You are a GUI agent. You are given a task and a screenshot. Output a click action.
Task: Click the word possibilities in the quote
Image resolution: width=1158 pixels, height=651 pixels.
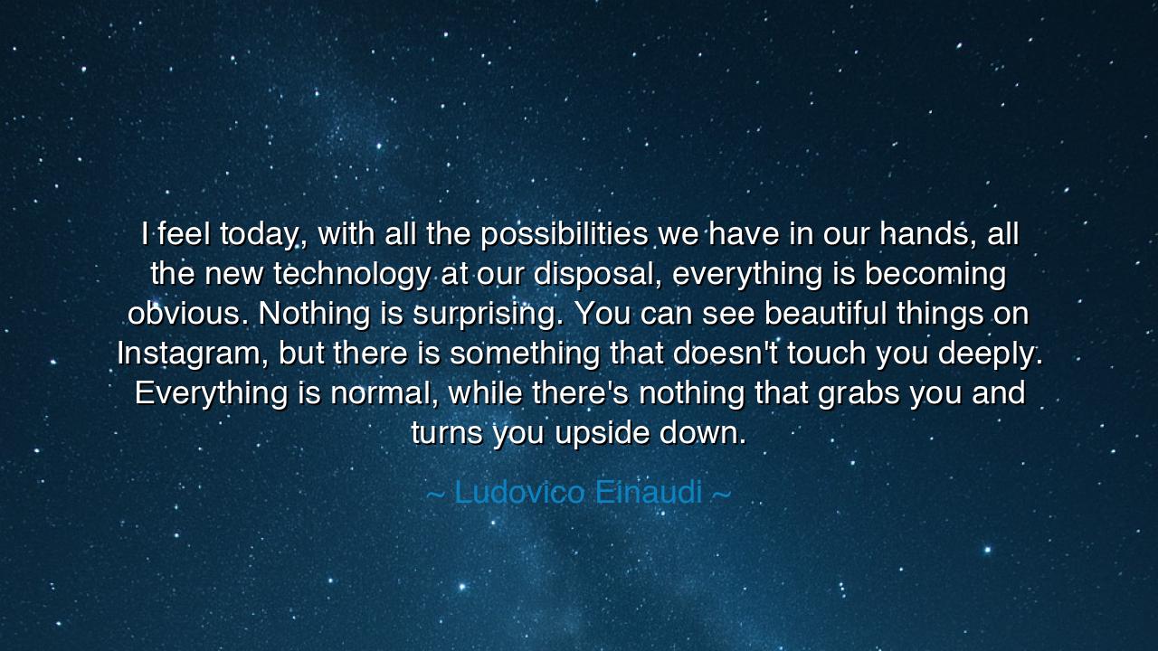coord(564,235)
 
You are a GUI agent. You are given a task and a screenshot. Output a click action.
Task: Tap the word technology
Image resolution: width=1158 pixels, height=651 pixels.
coord(352,274)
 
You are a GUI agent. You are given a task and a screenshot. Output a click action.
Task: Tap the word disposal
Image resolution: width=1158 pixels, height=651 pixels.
coord(598,274)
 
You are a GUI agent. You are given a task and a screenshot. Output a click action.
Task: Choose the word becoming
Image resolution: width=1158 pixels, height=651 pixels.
coord(935,274)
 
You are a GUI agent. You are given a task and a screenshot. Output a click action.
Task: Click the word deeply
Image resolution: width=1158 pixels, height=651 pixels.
coord(990,354)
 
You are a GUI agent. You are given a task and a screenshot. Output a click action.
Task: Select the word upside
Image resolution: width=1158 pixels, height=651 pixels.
coord(602,434)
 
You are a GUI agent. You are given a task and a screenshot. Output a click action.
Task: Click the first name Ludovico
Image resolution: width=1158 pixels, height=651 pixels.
coord(519,492)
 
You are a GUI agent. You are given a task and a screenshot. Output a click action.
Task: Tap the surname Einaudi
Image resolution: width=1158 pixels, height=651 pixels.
coord(649,492)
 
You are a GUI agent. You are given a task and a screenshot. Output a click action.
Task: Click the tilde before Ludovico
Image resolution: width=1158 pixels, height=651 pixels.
coord(435,495)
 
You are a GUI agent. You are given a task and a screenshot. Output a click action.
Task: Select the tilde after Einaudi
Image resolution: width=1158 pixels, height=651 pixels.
coord(722,495)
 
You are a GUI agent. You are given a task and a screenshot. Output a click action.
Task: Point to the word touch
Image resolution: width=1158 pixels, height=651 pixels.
coord(827,354)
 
